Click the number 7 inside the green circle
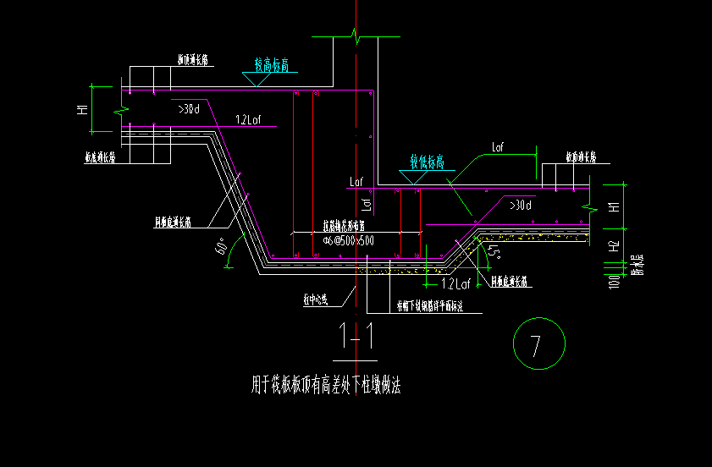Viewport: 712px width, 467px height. [535, 345]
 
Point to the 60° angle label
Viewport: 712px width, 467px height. [221, 247]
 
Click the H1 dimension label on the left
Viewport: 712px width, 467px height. [82, 108]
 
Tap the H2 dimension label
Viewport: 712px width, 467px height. [615, 246]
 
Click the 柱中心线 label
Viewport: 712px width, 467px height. [316, 299]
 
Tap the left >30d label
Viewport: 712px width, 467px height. [188, 108]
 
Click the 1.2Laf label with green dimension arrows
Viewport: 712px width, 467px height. [455, 283]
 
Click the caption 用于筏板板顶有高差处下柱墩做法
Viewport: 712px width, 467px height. [326, 387]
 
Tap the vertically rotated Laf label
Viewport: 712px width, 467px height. [367, 203]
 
